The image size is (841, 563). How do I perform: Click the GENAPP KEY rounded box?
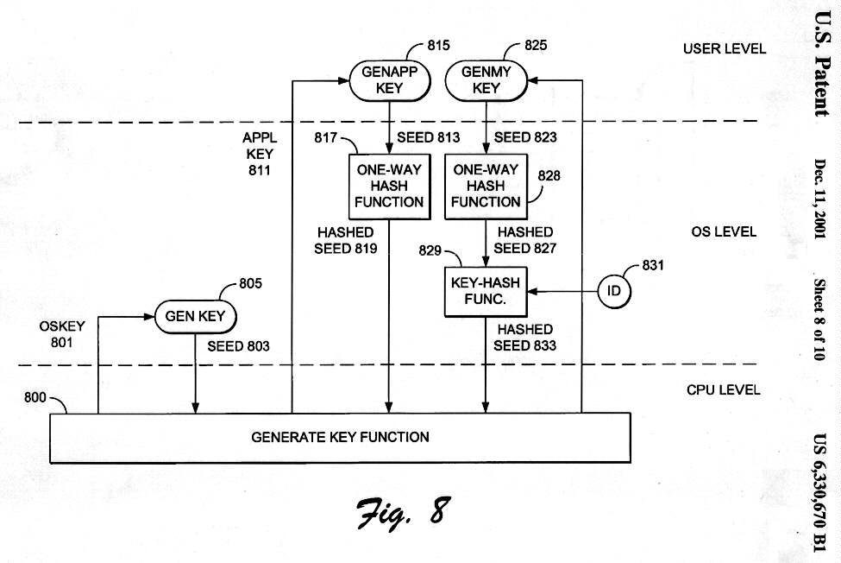click(x=390, y=80)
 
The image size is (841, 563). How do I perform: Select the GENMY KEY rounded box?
click(x=486, y=80)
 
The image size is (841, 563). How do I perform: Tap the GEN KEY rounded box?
click(x=195, y=316)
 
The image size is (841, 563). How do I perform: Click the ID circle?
click(x=614, y=291)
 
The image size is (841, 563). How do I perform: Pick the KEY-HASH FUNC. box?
click(x=486, y=291)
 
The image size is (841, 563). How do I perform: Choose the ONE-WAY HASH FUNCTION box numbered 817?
click(x=390, y=186)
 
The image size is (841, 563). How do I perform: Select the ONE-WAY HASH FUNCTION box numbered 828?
click(x=486, y=186)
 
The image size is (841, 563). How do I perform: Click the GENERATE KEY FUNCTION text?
click(x=340, y=437)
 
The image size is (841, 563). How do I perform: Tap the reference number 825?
click(x=535, y=45)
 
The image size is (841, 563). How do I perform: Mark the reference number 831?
click(x=653, y=266)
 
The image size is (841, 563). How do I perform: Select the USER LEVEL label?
click(x=724, y=48)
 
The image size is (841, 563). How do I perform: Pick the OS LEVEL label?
click(x=724, y=231)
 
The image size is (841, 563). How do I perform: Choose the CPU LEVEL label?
click(x=724, y=389)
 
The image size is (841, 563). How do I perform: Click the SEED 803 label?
click(x=238, y=346)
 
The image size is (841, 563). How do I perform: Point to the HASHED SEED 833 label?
click(x=524, y=338)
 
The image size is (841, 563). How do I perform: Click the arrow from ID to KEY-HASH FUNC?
click(x=562, y=291)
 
